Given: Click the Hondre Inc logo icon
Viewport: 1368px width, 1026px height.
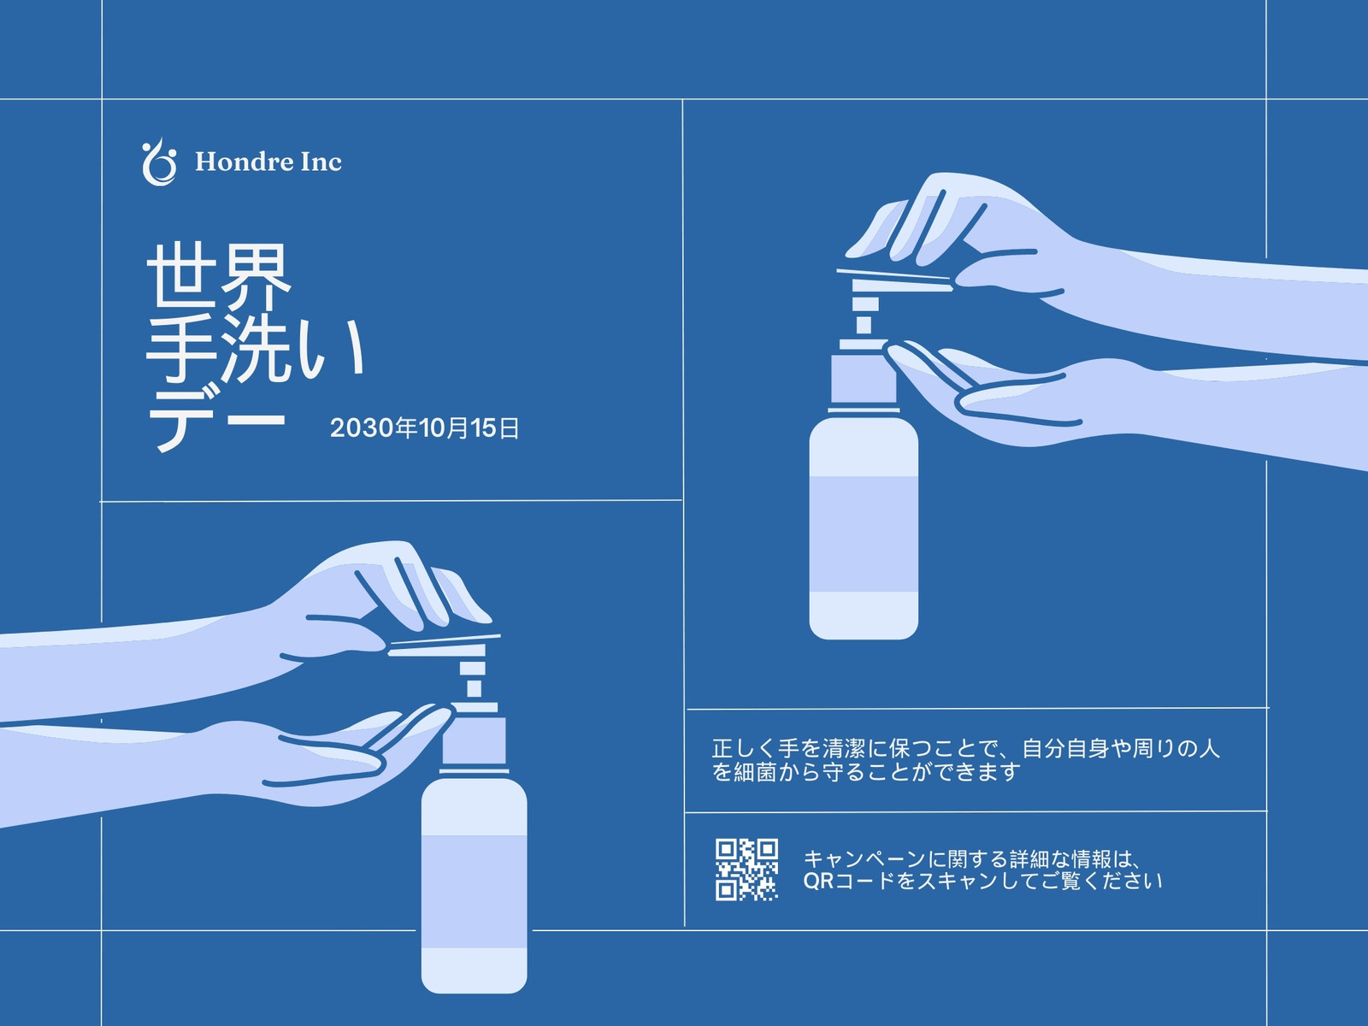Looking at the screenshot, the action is tap(159, 162).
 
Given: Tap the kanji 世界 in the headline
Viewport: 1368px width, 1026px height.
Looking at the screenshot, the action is tap(219, 277).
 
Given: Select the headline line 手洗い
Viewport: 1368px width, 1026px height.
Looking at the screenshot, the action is tap(256, 348).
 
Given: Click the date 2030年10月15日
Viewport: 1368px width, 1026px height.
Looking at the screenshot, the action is tap(424, 428).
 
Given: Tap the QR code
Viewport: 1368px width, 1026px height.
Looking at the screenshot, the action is tap(746, 870).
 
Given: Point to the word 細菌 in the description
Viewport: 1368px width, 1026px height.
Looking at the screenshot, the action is tap(755, 772).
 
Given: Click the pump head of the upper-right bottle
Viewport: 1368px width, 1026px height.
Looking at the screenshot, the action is tap(893, 281).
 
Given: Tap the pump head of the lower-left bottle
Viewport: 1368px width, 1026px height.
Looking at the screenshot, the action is tap(443, 646).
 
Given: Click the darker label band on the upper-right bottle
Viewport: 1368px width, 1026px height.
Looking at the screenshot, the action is tap(864, 534).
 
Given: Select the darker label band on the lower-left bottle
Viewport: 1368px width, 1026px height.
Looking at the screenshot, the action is tap(474, 892).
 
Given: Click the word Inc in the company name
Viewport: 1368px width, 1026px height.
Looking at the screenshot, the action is tap(321, 162).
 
